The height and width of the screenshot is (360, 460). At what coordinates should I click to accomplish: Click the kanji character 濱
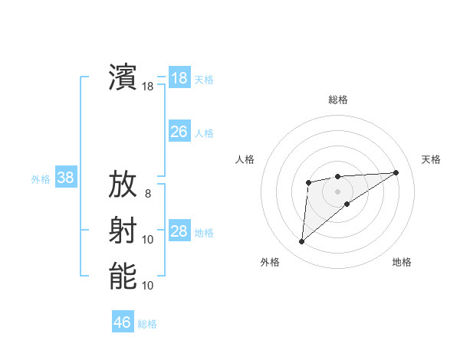coord(123,77)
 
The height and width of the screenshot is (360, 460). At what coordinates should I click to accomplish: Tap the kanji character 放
coord(123,185)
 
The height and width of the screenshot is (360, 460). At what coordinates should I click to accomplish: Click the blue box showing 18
coord(179,78)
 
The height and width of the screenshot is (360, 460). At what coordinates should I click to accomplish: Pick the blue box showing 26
coord(179,132)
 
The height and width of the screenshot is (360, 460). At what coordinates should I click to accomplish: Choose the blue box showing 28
coord(179,231)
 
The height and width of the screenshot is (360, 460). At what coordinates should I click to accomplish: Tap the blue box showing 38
coord(66,178)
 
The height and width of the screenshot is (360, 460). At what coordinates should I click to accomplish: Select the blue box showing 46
coord(123,322)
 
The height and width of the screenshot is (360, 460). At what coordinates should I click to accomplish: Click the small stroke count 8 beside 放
coord(148,194)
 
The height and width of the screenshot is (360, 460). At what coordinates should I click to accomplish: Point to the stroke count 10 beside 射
coord(148,240)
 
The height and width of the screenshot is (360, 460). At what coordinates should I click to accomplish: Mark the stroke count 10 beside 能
coord(148,285)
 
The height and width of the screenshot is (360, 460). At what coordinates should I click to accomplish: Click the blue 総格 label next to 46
coord(148,324)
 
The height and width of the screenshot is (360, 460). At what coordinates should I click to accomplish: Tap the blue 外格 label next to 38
coord(41,179)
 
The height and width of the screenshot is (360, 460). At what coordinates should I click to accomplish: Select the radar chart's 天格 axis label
coord(431,159)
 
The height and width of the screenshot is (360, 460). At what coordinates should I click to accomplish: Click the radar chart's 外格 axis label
coord(270,262)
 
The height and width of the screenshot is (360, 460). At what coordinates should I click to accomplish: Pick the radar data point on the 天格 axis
coord(396,172)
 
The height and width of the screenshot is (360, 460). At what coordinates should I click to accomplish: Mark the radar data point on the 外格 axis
coord(301,242)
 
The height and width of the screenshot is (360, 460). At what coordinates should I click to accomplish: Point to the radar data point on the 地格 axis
coord(347,203)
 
